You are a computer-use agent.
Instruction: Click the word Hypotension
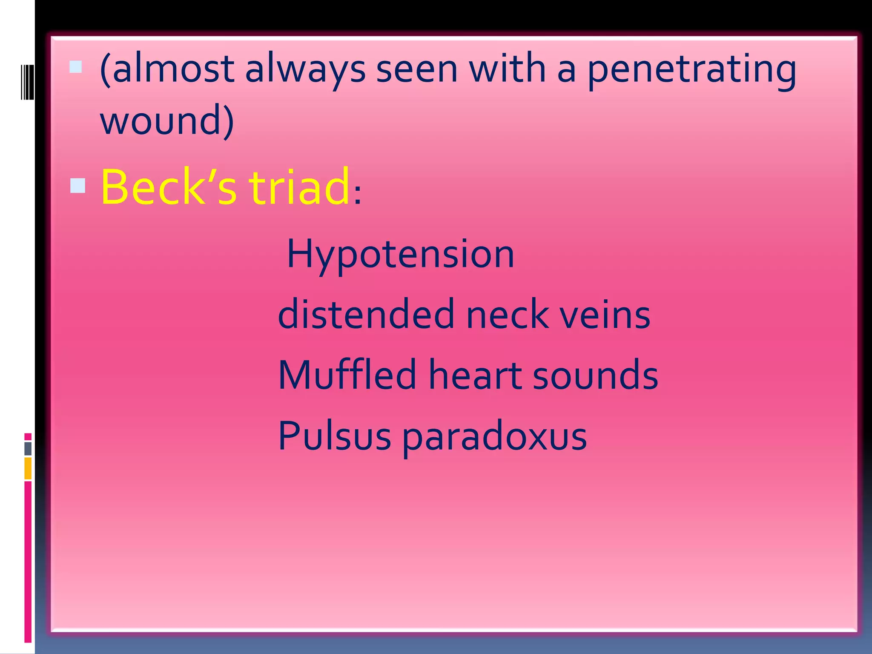point(401,254)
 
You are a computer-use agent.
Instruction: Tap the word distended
point(366,314)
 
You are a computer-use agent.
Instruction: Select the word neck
point(507,314)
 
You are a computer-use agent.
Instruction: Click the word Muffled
point(347,375)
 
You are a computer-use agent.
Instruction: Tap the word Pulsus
point(335,436)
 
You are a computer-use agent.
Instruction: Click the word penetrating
point(691,69)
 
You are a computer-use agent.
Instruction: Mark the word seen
point(416,69)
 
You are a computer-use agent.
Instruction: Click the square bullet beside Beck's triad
point(77,186)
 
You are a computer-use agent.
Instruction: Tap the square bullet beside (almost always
point(76,67)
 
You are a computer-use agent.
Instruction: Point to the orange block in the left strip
point(28,468)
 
